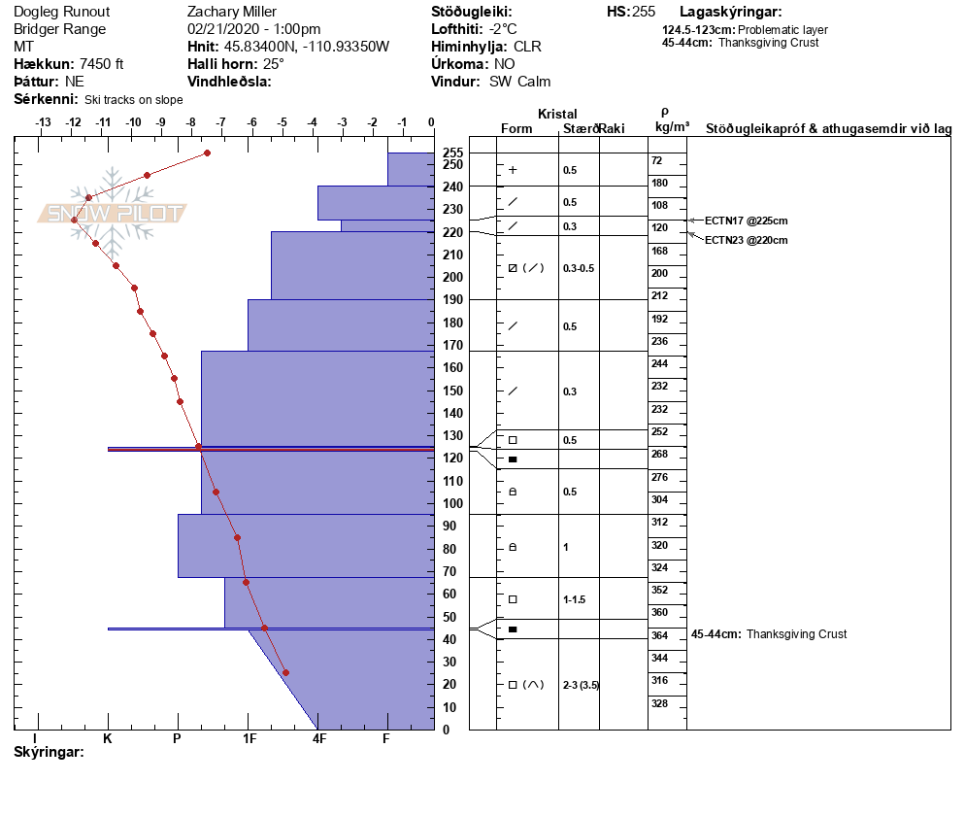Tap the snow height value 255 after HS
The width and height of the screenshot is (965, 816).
coord(644,12)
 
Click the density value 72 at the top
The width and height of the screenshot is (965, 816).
coord(656,160)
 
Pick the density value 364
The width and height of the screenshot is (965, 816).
coord(660,635)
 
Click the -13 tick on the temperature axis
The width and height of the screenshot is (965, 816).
coord(43,122)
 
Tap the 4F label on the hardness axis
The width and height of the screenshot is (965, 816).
coord(318,738)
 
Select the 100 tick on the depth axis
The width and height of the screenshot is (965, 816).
coord(452,503)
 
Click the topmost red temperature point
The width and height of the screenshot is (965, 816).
coord(207,153)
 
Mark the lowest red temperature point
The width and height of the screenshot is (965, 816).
coord(285,672)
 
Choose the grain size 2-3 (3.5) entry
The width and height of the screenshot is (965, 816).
coord(581,685)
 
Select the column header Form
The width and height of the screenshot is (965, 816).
coord(516,129)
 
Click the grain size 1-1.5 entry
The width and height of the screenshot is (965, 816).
coord(575,599)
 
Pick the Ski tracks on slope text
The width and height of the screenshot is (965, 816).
coord(134,99)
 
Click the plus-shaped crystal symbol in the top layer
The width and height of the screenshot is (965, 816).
coord(513,170)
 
